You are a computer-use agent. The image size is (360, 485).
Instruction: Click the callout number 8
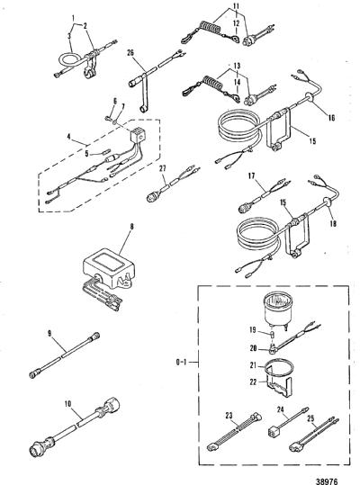(131, 227)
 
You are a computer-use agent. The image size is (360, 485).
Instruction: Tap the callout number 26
(130, 53)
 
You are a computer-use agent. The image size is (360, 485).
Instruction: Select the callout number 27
(163, 168)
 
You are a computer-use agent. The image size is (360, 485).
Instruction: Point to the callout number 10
(68, 404)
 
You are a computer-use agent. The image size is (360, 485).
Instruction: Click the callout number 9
(49, 334)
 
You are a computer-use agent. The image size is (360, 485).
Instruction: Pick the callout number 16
(331, 118)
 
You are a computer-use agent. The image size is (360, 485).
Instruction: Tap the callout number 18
(333, 223)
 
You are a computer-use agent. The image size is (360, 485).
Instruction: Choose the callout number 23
(229, 416)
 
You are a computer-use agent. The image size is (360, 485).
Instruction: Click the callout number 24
(280, 409)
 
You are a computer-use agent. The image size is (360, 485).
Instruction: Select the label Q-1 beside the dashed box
(181, 362)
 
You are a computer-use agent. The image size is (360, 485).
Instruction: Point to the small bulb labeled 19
(273, 335)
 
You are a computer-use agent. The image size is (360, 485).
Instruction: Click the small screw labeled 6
(108, 117)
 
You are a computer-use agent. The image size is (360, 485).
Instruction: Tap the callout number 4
(68, 137)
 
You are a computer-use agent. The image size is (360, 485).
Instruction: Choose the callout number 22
(253, 382)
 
